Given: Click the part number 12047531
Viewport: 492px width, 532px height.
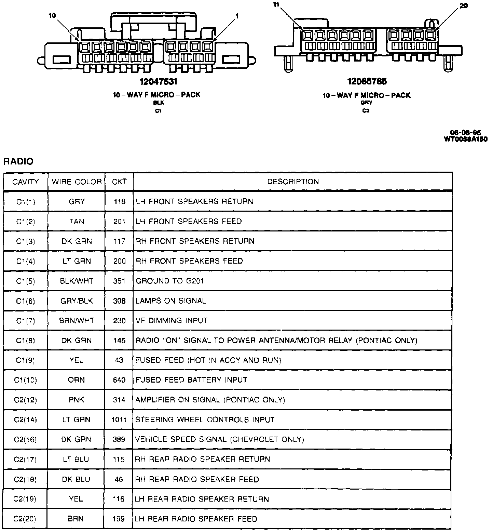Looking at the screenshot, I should click(x=158, y=82).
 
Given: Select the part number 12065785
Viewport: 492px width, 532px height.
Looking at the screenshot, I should click(x=367, y=81).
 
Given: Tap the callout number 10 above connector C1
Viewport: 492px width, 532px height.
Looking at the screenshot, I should click(x=52, y=15).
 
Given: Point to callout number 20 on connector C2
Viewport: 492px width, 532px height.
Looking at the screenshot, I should click(x=464, y=6).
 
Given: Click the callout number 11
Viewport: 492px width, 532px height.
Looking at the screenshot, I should click(x=276, y=5).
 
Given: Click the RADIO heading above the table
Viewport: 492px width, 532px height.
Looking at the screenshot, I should click(x=18, y=161).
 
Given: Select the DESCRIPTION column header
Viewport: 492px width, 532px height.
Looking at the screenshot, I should click(x=293, y=182).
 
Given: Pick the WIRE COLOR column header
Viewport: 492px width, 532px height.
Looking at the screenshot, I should click(x=77, y=182).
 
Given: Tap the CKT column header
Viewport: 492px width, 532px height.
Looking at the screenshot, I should click(x=119, y=182).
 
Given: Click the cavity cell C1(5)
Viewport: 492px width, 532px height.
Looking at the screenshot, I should click(x=26, y=281).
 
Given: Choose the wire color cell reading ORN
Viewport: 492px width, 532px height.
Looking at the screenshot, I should click(x=77, y=380).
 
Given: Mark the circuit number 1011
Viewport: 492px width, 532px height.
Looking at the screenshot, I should click(x=119, y=420).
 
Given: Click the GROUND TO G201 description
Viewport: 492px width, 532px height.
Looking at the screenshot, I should click(x=170, y=281).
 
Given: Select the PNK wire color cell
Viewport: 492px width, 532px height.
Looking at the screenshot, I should click(x=77, y=400).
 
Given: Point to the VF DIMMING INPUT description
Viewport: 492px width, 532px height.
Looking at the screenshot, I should click(x=172, y=321).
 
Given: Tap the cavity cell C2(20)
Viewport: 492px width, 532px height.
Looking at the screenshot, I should click(x=25, y=519).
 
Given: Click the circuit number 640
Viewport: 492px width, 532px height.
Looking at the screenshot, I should click(x=119, y=380).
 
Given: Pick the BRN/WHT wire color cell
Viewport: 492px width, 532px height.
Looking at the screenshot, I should click(x=77, y=321).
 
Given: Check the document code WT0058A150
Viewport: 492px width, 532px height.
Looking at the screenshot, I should click(x=465, y=139).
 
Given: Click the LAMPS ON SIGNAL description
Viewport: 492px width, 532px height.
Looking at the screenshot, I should click(x=171, y=301).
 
